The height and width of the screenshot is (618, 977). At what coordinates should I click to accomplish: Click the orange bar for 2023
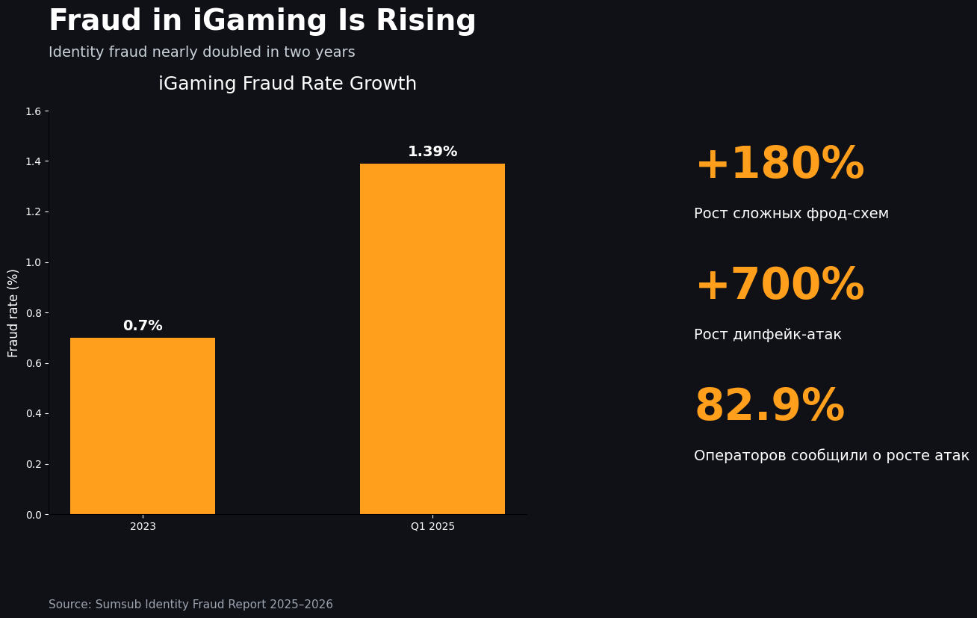(143, 426)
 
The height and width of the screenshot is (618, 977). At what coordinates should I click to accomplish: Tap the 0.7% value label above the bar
(143, 326)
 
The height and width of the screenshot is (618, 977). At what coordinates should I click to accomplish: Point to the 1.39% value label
(432, 152)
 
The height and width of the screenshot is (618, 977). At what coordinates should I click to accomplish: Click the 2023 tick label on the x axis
(143, 526)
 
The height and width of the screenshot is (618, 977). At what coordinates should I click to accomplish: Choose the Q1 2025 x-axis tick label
(432, 526)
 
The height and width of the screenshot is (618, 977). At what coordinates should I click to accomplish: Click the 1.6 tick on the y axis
(33, 111)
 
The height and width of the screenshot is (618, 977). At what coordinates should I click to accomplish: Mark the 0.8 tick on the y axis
(33, 312)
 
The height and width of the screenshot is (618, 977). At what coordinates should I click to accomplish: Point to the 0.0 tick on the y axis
(33, 514)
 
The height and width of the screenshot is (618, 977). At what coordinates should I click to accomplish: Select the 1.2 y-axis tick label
(33, 211)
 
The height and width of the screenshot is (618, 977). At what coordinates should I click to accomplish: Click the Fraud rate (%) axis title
(13, 312)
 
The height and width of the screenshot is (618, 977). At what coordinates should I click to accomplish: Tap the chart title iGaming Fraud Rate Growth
(288, 84)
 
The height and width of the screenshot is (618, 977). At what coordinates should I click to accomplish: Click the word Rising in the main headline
(426, 21)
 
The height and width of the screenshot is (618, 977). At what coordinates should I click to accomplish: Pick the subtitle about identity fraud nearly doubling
(202, 52)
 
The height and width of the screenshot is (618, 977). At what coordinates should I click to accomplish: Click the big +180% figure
(779, 164)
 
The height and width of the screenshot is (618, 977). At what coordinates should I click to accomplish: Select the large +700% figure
(779, 285)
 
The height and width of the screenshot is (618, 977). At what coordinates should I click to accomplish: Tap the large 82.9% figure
(769, 407)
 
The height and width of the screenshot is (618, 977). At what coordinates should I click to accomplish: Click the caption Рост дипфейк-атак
(767, 335)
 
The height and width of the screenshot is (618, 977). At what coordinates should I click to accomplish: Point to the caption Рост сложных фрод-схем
(791, 214)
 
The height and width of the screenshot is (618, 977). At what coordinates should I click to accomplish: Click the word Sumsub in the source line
(118, 605)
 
